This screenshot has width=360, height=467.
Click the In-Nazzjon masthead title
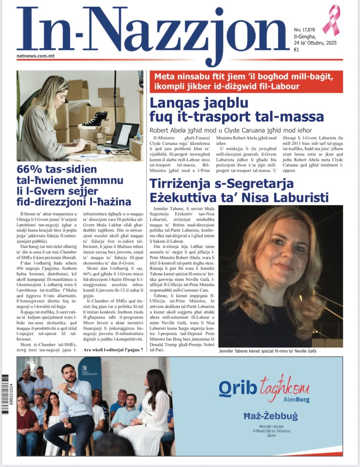point(153,33)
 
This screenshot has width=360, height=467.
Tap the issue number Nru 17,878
point(304,30)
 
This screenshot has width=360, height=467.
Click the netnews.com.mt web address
point(35,56)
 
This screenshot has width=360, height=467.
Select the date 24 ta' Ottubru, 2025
point(315,43)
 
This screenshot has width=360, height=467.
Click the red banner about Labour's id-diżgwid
point(246,81)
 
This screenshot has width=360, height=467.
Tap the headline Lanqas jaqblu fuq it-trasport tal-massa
point(236,110)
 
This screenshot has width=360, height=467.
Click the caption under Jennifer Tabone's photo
point(268,351)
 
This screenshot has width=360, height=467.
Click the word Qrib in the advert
point(237,388)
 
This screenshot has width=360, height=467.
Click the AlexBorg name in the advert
point(296,400)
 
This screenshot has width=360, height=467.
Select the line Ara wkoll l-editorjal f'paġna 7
point(113,350)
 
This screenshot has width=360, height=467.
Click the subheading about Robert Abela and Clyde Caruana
point(231,130)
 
